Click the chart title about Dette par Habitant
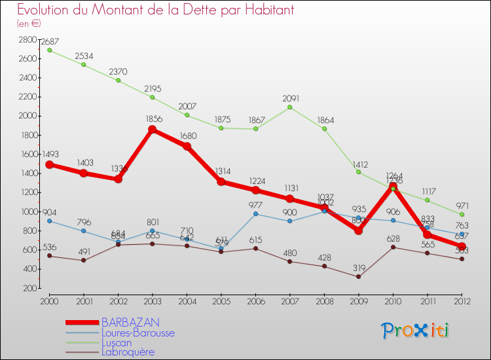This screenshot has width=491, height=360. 156,10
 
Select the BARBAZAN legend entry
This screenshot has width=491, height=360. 130,323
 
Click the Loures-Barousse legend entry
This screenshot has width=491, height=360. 137,333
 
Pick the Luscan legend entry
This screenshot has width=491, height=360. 117,342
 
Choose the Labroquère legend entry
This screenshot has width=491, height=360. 128,352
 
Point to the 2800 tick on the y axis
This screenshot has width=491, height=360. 27,40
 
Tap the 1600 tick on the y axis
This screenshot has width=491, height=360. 27,154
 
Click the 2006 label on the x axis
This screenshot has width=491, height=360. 256,302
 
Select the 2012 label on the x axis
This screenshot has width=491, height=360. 462,302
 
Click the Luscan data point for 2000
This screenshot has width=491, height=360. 49,50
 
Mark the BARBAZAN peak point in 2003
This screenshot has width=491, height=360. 153,130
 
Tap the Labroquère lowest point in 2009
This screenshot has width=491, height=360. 359,277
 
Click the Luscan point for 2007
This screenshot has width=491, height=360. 290,107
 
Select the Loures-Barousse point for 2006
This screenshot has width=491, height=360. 256,214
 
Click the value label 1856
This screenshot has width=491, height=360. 153,120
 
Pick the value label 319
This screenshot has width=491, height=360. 359,267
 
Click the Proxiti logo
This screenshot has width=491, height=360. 416,331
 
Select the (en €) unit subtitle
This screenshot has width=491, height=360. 29,23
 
